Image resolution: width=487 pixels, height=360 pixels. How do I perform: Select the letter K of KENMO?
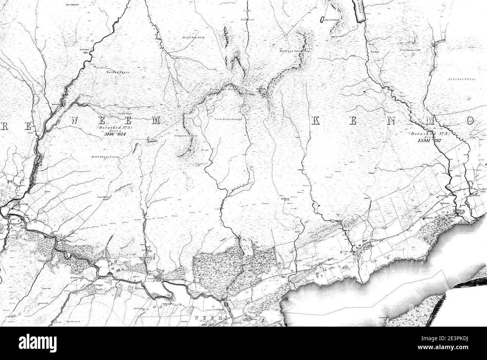[x=316, y=121]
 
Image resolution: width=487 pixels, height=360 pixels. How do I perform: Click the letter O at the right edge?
[x=471, y=121]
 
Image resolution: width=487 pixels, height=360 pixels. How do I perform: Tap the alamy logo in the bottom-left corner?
[x=28, y=343]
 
